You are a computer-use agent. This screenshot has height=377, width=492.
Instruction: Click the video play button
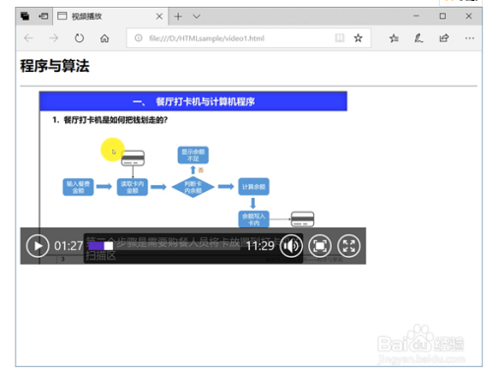coord(36,245)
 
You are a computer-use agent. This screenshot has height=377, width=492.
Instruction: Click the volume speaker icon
coord(291,245)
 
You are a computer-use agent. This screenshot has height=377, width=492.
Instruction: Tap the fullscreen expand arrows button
coord(349,245)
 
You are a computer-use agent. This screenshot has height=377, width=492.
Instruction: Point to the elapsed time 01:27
coord(69,245)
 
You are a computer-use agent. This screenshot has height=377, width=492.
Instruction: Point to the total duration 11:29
coord(260,245)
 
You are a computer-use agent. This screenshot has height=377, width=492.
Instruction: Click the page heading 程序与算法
coord(55,67)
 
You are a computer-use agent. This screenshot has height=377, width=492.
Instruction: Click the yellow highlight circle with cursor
coord(113,151)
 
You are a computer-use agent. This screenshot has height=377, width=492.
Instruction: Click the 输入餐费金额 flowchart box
coord(78,186)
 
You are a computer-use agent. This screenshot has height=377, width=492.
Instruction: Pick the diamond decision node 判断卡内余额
coord(193,186)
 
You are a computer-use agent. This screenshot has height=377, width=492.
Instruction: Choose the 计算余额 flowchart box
coord(253,186)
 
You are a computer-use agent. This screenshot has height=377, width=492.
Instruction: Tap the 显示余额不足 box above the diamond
coord(193,155)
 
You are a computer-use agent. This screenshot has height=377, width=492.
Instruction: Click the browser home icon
coord(104,38)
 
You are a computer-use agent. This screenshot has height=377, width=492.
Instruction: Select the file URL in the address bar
coord(208,38)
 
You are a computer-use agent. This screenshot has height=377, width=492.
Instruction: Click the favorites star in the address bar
coord(359,38)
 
